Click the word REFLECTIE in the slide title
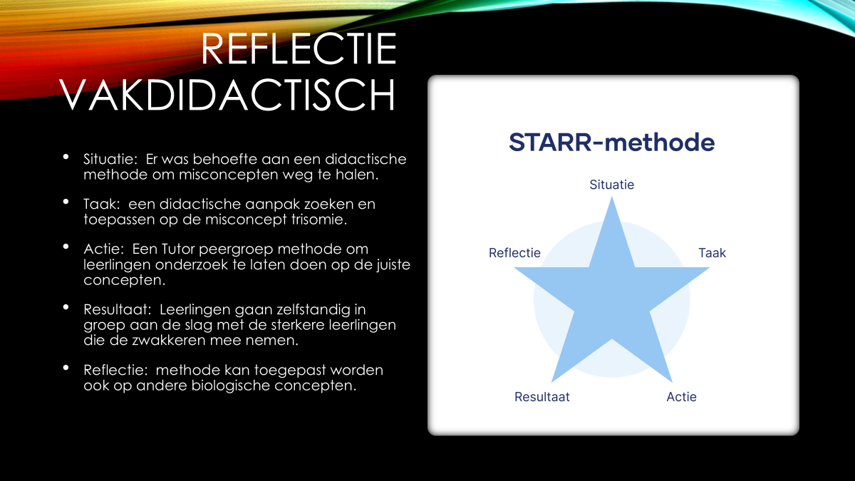(299, 48)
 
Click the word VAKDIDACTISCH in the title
(227, 95)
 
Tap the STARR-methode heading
(612, 142)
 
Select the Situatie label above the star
(612, 185)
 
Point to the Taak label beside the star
(712, 253)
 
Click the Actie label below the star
(682, 397)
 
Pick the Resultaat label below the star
(542, 397)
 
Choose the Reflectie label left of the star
(514, 253)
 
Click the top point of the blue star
(612, 197)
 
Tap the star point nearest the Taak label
(709, 268)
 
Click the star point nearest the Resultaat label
(552, 381)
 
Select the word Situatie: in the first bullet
(110, 159)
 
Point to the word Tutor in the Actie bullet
(178, 249)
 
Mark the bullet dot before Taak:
(66, 202)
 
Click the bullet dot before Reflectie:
(66, 368)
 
